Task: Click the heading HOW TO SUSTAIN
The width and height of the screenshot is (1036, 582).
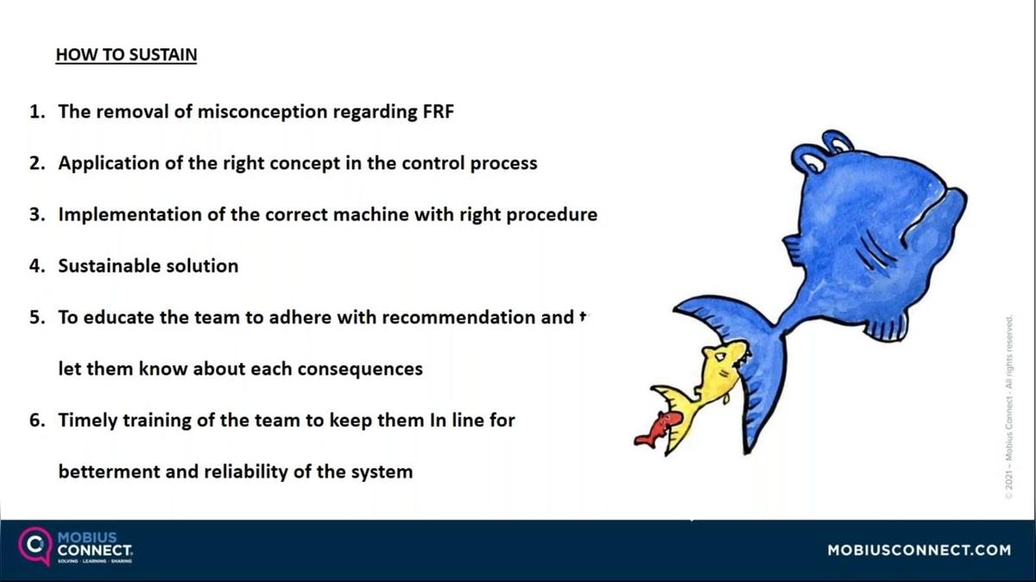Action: click(x=126, y=55)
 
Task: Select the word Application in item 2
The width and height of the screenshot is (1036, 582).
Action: click(x=109, y=163)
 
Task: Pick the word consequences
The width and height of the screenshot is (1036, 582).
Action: click(x=360, y=369)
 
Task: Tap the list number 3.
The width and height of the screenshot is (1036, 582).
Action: click(x=35, y=214)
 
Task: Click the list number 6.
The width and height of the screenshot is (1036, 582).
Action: click(x=35, y=421)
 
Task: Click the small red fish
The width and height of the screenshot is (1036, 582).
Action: click(x=658, y=428)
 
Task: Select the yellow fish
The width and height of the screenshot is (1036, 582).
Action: click(x=704, y=384)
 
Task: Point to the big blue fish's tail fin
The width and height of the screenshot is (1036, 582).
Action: click(x=742, y=345)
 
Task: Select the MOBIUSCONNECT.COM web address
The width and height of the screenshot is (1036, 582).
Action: click(x=919, y=550)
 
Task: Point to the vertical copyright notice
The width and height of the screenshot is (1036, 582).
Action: click(x=1008, y=406)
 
